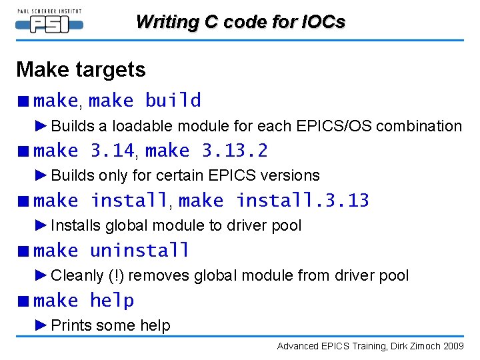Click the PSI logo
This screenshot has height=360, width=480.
tap(49, 23)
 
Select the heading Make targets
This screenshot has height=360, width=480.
tap(81, 69)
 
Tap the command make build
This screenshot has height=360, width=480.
tap(145, 101)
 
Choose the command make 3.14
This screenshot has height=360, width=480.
tap(84, 151)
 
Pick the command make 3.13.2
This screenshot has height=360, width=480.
tap(206, 151)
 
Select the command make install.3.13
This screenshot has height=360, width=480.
tap(273, 201)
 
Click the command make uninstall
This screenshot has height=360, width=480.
tap(111, 251)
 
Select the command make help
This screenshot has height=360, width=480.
tap(84, 301)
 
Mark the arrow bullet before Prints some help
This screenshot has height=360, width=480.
tap(41, 325)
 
